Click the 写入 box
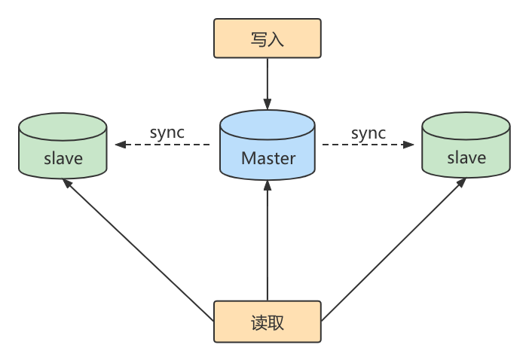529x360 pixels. pyautogui.click(x=268, y=38)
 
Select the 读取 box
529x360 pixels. pyautogui.click(x=268, y=322)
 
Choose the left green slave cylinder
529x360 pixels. pyautogui.click(x=63, y=151)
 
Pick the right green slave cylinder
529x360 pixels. pyautogui.click(x=466, y=151)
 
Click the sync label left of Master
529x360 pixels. pyautogui.click(x=167, y=133)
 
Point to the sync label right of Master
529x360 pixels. pyautogui.click(x=368, y=133)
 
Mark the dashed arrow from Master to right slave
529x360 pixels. pyautogui.click(x=369, y=145)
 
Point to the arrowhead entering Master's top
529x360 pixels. pyautogui.click(x=268, y=103)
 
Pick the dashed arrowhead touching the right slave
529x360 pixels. pyautogui.click(x=411, y=145)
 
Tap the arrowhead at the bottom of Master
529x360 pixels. pyautogui.click(x=268, y=188)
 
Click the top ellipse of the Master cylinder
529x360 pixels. pyautogui.click(x=268, y=124)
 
